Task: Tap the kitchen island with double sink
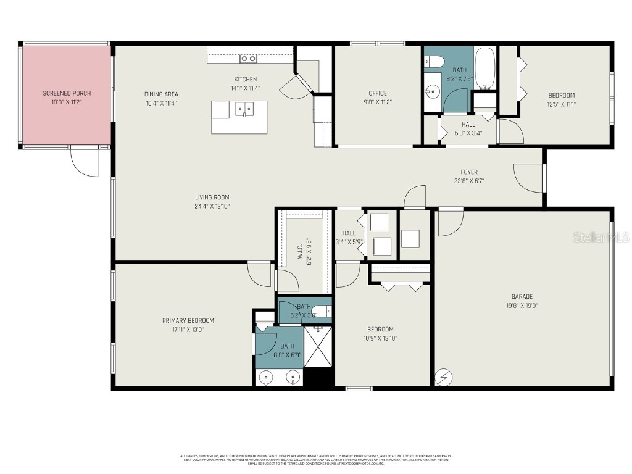[239, 117]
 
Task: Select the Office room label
[378, 93]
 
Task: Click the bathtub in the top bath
[484, 69]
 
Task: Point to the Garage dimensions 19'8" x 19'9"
[522, 305]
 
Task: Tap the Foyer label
[469, 172]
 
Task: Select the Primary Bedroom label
[188, 320]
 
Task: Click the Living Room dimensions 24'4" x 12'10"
[212, 206]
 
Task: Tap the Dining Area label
[161, 94]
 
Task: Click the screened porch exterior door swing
[84, 162]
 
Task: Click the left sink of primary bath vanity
[267, 376]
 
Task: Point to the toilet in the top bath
[433, 61]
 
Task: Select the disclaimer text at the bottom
[315, 460]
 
